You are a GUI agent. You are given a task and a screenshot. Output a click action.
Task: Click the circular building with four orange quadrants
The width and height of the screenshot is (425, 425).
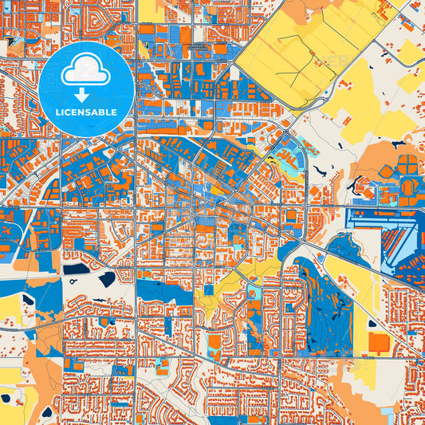pos(407,163)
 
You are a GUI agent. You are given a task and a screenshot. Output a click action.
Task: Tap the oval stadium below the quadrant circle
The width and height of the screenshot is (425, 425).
pos(406,188)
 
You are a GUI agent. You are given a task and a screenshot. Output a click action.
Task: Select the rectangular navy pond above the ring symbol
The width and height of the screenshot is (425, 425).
pos(76,269)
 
